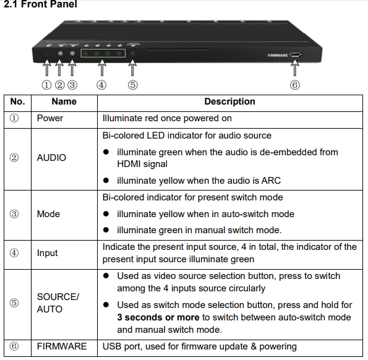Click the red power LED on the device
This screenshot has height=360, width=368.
point(47,54)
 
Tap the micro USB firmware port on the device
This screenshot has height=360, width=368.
point(295,55)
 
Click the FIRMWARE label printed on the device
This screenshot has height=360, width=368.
point(278,56)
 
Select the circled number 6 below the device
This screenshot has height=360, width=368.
point(295,85)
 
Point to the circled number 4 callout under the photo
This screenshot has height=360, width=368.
point(101,85)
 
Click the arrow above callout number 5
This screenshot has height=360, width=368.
point(132,67)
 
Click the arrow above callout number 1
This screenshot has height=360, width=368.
point(47,67)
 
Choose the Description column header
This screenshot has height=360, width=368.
point(229,101)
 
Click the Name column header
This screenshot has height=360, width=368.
point(64,101)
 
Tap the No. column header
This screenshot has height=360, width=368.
point(17,101)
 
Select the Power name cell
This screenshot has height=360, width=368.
point(49,118)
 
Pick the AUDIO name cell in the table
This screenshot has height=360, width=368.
point(51,158)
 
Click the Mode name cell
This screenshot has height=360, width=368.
point(48,214)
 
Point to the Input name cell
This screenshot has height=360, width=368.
point(47,253)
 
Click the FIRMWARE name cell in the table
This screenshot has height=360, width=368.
point(62,346)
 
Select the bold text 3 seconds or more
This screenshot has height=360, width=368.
point(158,317)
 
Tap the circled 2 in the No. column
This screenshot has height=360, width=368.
point(14,158)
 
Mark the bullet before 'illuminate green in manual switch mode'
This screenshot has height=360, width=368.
point(106,230)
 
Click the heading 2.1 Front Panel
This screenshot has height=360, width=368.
point(40,4)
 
